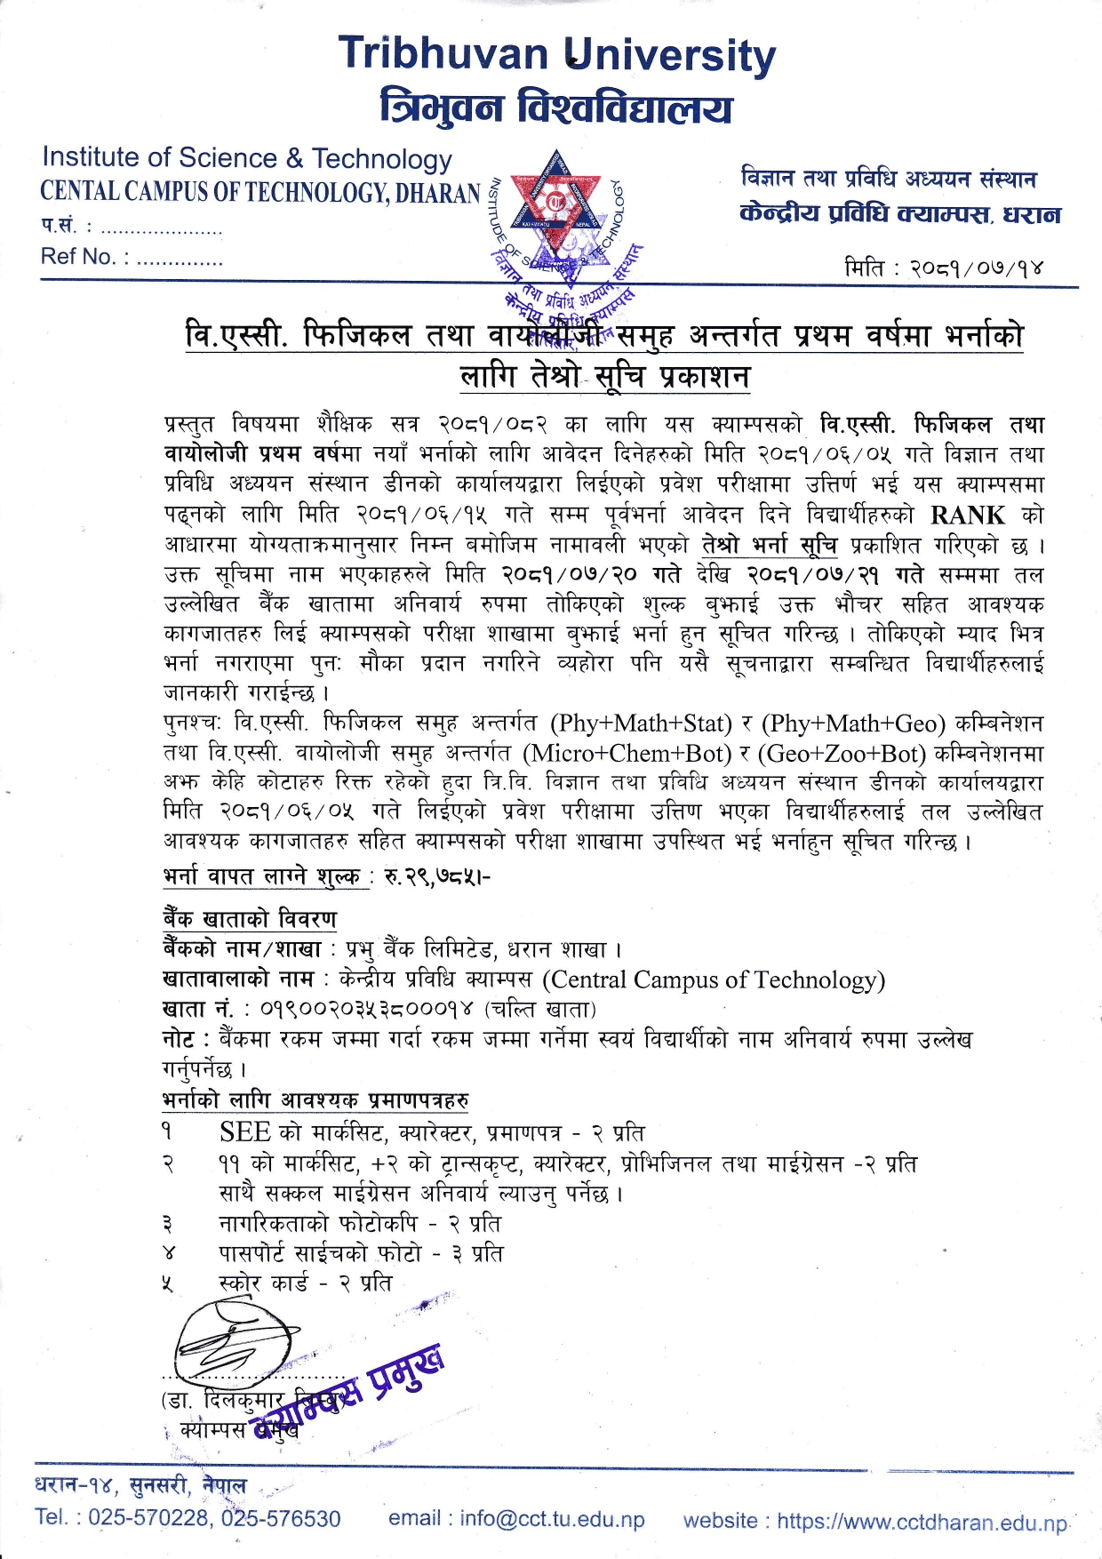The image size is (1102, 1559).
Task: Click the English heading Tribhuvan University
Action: click(557, 55)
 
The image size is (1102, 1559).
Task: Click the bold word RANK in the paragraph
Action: click(968, 516)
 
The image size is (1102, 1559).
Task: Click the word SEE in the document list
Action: click(245, 1132)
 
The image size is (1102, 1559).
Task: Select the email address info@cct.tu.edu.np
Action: click(552, 1519)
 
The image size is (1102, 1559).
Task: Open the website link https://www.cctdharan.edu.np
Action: click(922, 1522)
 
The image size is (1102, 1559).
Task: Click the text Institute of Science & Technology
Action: click(247, 158)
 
